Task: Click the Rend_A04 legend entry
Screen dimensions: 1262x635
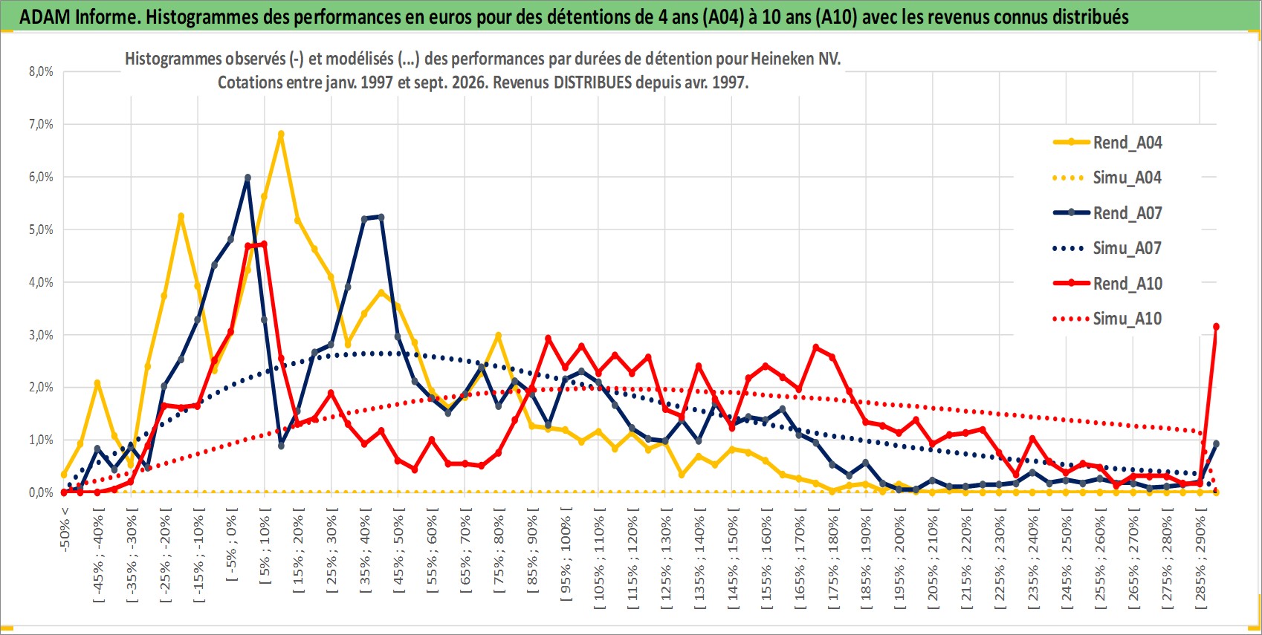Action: pyautogui.click(x=1107, y=143)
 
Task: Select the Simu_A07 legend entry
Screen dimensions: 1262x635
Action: pyautogui.click(x=1107, y=248)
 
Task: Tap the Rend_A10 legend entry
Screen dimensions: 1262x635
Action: pyautogui.click(x=1107, y=283)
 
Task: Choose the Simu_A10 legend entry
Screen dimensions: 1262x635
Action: pyautogui.click(x=1107, y=319)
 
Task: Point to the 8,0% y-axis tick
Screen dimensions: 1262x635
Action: pyautogui.click(x=41, y=71)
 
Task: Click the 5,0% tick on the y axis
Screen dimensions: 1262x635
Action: pyautogui.click(x=41, y=229)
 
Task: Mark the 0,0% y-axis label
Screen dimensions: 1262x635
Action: pyautogui.click(x=41, y=492)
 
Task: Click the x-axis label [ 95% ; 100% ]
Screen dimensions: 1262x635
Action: pyautogui.click(x=566, y=555)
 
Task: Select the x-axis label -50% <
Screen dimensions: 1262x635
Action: pyautogui.click(x=65, y=529)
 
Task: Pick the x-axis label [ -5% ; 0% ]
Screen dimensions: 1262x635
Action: pyautogui.click(x=232, y=544)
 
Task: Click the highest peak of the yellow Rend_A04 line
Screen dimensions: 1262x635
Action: pyautogui.click(x=281, y=134)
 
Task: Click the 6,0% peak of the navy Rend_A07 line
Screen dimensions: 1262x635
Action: pyautogui.click(x=248, y=178)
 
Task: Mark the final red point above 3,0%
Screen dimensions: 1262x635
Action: pyautogui.click(x=1216, y=327)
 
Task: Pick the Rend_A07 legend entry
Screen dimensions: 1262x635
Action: pyautogui.click(x=1107, y=213)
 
